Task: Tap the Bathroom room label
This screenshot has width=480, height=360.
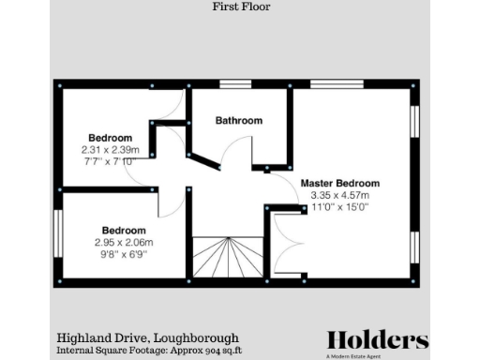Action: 239,121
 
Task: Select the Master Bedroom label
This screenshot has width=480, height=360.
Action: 340,182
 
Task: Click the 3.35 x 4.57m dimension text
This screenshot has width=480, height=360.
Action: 340,195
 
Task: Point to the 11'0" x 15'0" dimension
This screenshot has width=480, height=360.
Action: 340,207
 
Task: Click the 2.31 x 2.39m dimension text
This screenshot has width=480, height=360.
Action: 111,149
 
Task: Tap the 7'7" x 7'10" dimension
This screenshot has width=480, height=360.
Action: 111,161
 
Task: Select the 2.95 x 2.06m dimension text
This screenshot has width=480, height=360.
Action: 124,243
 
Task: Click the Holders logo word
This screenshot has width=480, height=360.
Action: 377,339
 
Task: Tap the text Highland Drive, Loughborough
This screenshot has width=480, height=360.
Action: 148,337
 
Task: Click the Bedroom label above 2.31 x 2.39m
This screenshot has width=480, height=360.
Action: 111,137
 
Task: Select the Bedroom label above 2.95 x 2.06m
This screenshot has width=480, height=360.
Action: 124,231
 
